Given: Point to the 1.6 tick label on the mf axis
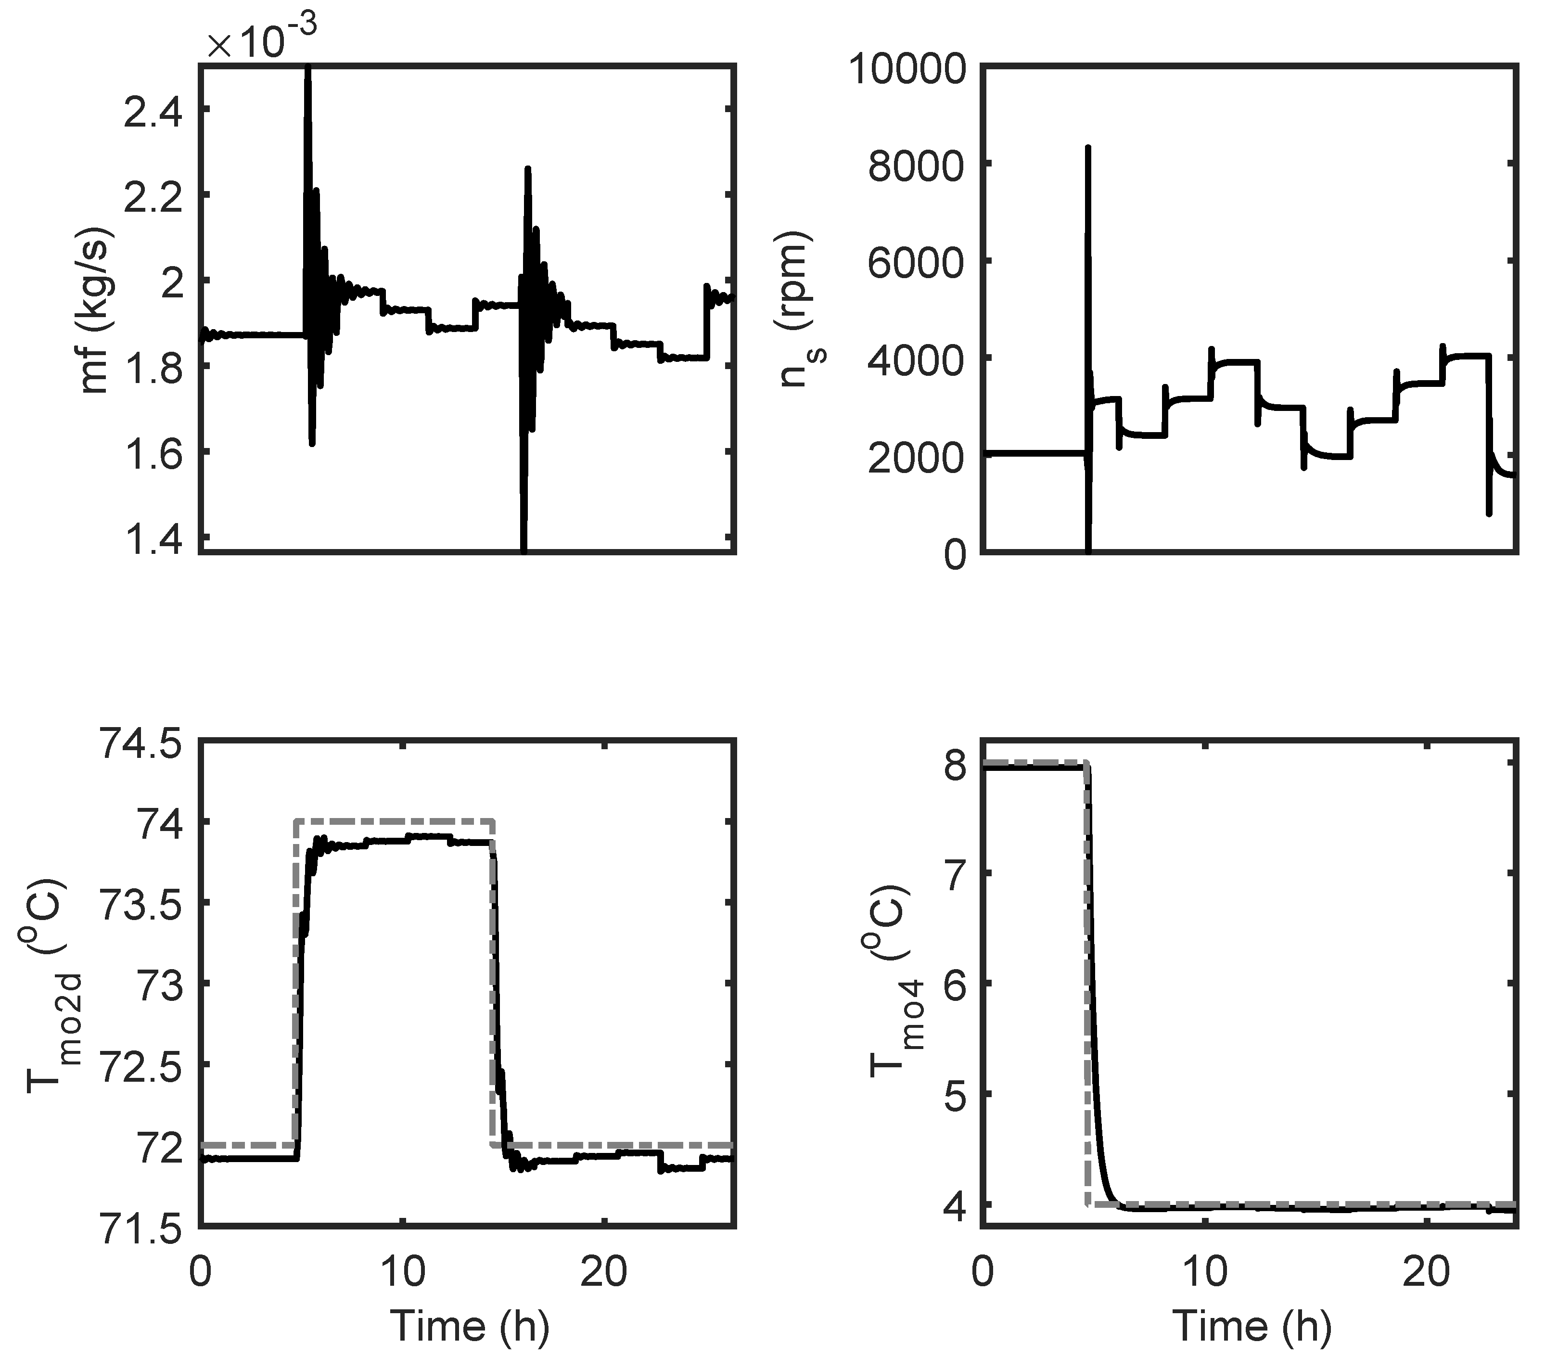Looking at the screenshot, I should [x=153, y=455].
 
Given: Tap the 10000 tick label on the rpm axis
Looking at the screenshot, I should [x=907, y=70].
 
